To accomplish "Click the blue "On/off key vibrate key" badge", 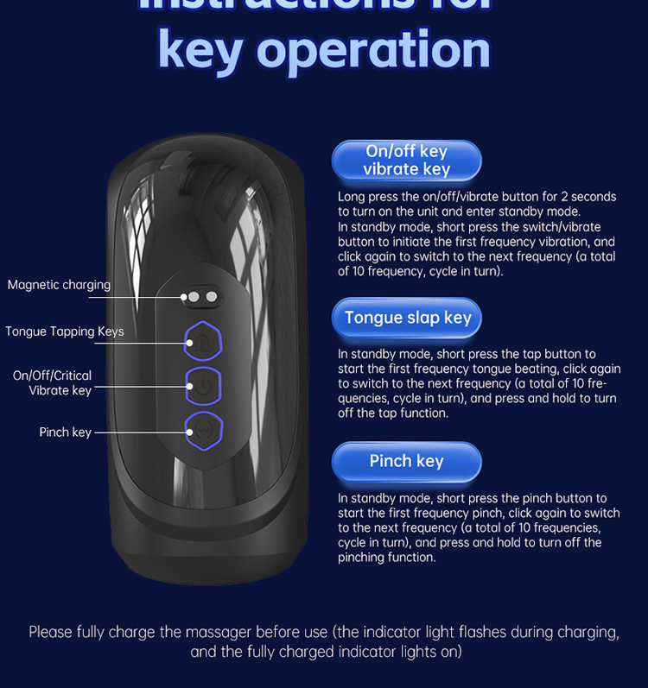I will (406, 161).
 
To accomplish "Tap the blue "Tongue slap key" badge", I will (407, 318).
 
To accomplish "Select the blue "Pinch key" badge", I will (406, 461).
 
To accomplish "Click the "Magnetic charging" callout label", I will (59, 285).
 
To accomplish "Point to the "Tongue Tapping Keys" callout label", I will (65, 331).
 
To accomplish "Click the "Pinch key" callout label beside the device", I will (65, 432).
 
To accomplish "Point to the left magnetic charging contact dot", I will (194, 297).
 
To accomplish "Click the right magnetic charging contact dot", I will (211, 297).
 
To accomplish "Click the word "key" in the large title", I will (200, 50).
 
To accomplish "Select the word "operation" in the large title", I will (373, 50).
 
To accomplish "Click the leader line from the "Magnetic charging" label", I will (147, 297).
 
